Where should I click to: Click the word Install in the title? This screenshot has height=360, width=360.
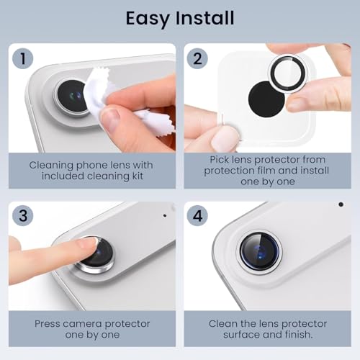(x=205, y=18)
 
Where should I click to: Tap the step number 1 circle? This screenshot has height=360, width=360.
(x=23, y=58)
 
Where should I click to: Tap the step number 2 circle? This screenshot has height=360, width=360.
(x=197, y=58)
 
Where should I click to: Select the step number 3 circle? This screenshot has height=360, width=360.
(x=23, y=215)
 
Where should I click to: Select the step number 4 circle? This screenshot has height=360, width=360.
(x=197, y=215)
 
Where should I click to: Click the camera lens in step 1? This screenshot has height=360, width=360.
(x=72, y=96)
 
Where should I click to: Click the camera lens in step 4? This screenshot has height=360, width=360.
(x=260, y=251)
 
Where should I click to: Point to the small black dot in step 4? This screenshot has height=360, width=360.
(x=341, y=204)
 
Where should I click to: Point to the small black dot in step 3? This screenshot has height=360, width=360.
(x=165, y=215)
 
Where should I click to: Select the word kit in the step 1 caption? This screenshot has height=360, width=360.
(x=138, y=176)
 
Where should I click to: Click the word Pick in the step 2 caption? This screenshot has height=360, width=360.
(x=218, y=160)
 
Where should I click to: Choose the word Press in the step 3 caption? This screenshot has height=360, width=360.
(x=48, y=324)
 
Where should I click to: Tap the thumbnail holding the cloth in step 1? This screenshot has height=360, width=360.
(x=111, y=120)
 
